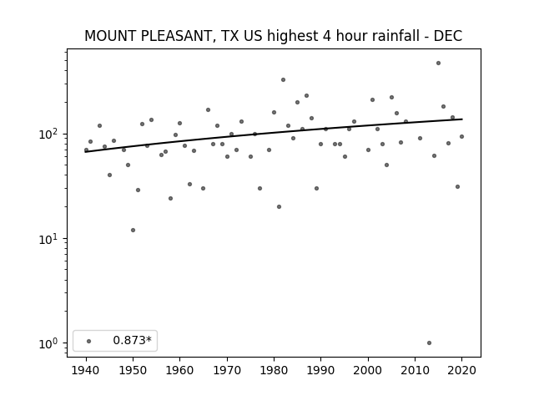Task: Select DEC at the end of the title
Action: coord(448,36)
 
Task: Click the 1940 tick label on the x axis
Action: coord(86,370)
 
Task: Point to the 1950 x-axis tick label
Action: coord(133,370)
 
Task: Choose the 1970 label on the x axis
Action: coord(227,370)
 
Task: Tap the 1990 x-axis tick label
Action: coord(320,370)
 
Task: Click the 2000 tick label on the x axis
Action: coord(368,370)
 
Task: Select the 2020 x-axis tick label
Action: coord(461,370)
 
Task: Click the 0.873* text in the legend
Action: coord(132,340)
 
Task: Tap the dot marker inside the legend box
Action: coord(89,341)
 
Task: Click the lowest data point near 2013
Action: coord(429,343)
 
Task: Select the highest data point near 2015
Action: coord(438,63)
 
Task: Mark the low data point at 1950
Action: coord(133,231)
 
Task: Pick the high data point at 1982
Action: coord(284,80)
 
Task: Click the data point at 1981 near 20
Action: coord(279,206)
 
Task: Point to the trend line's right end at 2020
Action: coord(462,119)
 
